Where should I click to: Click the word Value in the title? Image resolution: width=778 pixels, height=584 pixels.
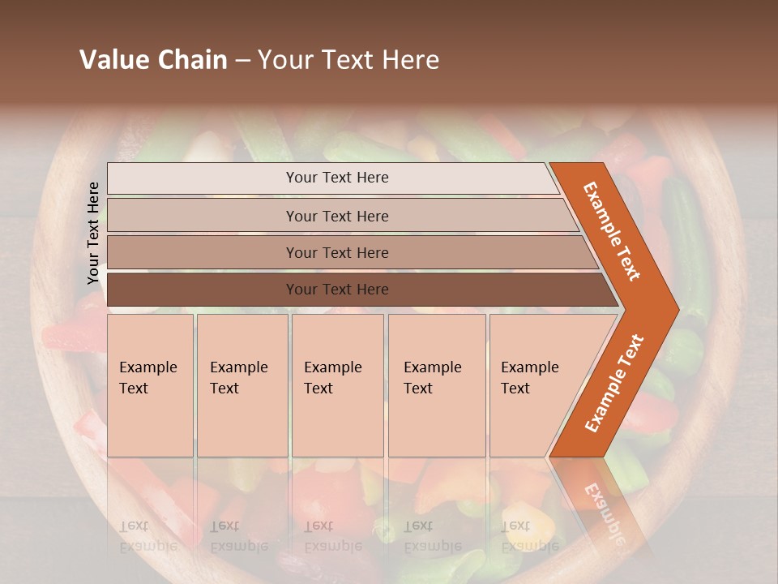[x=113, y=60]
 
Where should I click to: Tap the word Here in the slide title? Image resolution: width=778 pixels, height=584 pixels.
[x=409, y=60]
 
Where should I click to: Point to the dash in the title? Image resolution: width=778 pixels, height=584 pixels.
[x=242, y=61]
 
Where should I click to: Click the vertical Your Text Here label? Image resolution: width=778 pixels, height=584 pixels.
[x=93, y=233]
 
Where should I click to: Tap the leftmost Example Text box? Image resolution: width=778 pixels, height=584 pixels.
[x=150, y=385]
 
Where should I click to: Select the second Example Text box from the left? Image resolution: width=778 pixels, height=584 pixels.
[x=242, y=385]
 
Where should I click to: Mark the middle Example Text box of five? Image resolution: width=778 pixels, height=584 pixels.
[x=337, y=385]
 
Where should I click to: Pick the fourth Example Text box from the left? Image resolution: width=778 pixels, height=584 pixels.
[x=437, y=385]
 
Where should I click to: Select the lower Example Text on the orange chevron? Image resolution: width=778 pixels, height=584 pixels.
[x=614, y=383]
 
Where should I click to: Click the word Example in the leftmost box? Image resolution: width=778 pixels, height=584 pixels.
[x=147, y=367]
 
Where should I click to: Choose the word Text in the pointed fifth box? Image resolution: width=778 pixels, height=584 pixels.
[x=515, y=389]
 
